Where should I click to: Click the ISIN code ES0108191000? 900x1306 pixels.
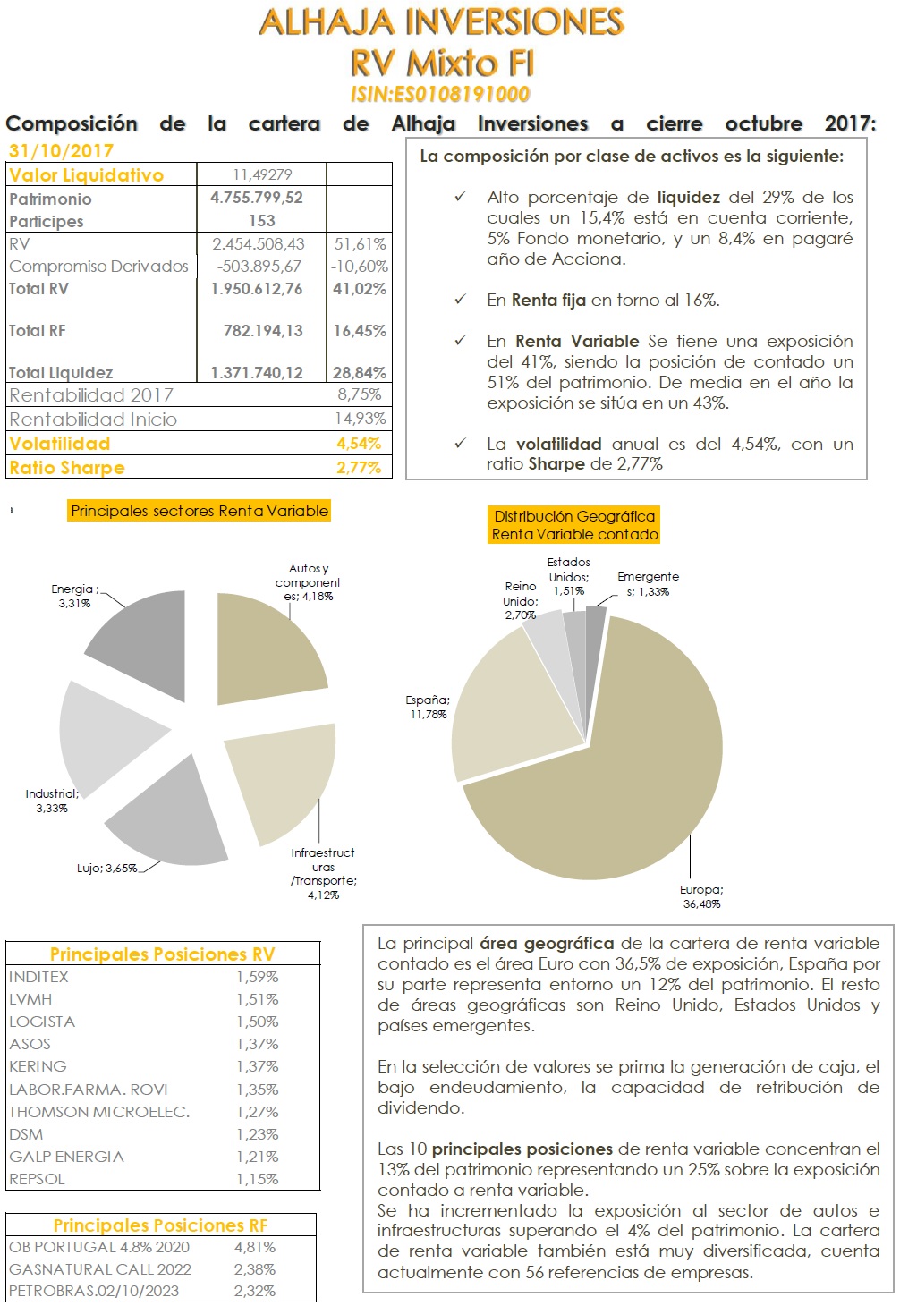[x=440, y=94]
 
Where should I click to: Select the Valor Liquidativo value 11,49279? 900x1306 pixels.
[x=262, y=174]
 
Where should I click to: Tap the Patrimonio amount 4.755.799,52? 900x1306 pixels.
[x=257, y=198]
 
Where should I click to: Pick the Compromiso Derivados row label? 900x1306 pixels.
[x=98, y=267]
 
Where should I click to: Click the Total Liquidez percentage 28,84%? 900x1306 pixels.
[x=360, y=372]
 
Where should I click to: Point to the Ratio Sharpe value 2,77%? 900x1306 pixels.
[x=359, y=467]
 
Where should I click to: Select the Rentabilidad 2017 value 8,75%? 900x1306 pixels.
[x=359, y=394]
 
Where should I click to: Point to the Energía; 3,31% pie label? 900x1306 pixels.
[x=75, y=597]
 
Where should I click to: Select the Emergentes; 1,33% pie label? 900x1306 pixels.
[x=648, y=584]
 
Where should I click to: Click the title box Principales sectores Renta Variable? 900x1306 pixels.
[x=200, y=511]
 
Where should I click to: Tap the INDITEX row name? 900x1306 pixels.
[x=38, y=977]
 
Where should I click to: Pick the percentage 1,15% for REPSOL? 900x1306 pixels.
[x=258, y=1179]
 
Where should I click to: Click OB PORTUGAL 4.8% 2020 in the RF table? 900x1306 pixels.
[x=99, y=1247]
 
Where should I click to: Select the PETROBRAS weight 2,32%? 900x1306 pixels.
[x=255, y=1291]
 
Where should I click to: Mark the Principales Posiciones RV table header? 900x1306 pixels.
[x=162, y=954]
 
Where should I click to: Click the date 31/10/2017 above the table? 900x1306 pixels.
[x=61, y=151]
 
